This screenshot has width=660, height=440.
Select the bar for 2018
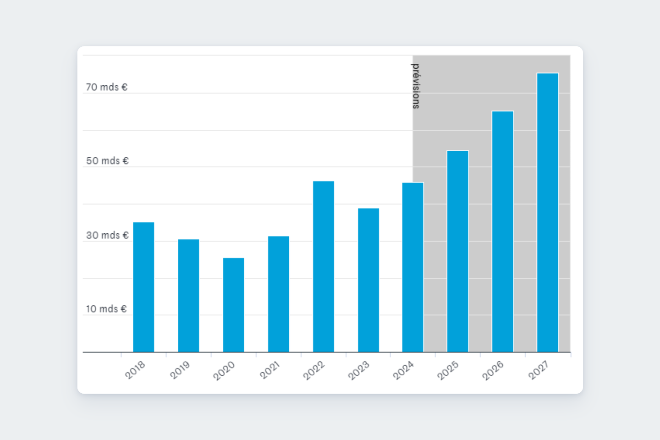pos(143,287)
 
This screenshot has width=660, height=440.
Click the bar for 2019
pos(188,296)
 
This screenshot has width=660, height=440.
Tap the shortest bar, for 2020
pos(234,305)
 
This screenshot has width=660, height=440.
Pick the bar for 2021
pos(279,294)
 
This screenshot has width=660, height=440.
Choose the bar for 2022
pos(324,266)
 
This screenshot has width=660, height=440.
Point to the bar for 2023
pos(368,280)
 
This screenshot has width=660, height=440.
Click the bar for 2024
pos(413,267)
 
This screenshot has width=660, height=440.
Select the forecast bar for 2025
pos(458,251)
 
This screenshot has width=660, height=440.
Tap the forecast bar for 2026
pos(503,231)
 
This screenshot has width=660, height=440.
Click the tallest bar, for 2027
pos(548,213)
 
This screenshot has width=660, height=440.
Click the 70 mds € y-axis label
pos(107,87)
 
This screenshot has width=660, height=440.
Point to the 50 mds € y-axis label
pos(107,161)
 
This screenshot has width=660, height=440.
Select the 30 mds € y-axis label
pos(107,235)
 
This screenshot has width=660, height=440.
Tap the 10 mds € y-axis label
pos(106,309)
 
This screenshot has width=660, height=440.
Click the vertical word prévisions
pos(415,86)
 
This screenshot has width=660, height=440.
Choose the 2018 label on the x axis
pos(135,370)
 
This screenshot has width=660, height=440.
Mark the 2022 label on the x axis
pos(314,370)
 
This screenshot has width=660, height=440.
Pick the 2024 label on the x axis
pos(403,370)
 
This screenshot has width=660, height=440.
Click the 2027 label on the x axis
pos(539,370)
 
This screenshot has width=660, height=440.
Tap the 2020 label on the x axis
pos(224,370)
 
